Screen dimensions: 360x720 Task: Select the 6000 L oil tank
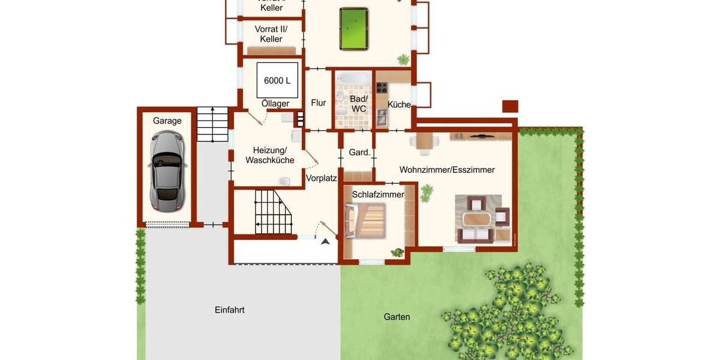[x=277, y=80]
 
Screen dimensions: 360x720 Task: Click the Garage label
[x=167, y=121]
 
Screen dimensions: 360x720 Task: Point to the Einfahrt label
[x=230, y=310]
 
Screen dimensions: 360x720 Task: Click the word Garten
[x=397, y=317]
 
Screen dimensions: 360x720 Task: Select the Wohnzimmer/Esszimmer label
[x=447, y=170]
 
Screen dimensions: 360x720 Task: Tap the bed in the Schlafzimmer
[x=365, y=221]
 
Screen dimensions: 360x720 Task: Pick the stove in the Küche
[x=382, y=88]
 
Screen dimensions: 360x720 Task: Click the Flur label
[x=319, y=103]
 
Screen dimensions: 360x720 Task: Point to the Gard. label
[x=359, y=152]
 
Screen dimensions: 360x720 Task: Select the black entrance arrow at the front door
[x=325, y=241]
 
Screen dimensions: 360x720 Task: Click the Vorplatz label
[x=322, y=178]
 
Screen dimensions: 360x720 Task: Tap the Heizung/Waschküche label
[x=269, y=155]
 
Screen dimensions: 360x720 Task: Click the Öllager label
[x=275, y=104]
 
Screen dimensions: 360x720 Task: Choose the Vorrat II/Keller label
[x=271, y=34]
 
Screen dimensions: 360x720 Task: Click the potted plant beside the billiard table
[x=403, y=59]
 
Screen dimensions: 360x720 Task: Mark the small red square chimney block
[x=510, y=106]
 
